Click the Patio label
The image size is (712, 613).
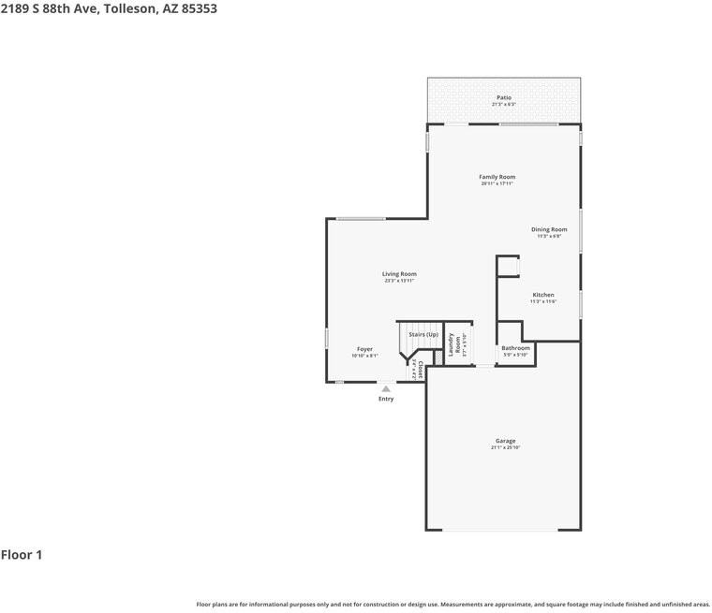(x=504, y=97)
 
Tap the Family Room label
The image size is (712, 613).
(x=497, y=177)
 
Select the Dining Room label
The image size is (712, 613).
(x=549, y=229)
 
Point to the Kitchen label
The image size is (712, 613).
(x=543, y=295)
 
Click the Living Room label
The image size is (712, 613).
(x=399, y=274)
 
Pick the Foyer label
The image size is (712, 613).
(x=364, y=349)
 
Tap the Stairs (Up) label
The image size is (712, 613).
(x=423, y=334)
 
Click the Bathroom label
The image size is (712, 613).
(x=515, y=348)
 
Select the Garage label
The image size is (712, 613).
(x=505, y=441)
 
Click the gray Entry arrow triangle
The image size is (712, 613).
(x=385, y=388)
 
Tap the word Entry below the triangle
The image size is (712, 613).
(x=386, y=399)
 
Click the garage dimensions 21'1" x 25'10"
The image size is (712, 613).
(x=505, y=448)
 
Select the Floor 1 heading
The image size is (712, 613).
(x=22, y=555)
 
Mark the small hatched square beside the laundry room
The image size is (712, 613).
(x=438, y=358)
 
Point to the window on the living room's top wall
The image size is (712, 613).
(x=361, y=219)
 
